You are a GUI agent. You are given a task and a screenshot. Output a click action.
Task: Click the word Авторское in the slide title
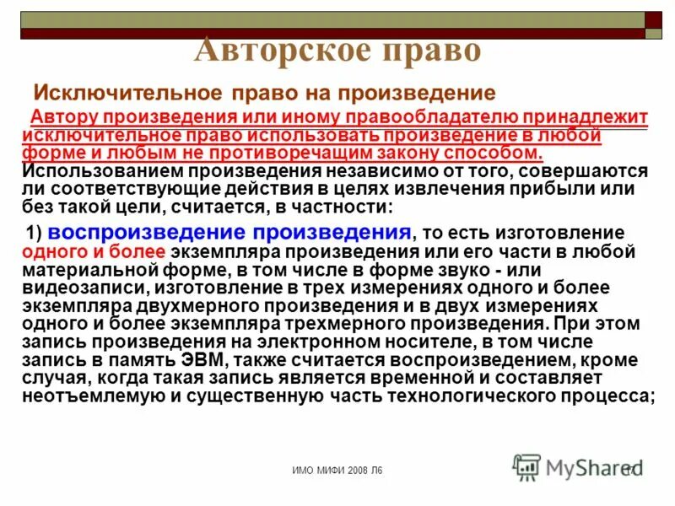click(x=262, y=50)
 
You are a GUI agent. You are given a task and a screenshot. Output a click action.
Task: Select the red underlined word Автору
click(x=63, y=118)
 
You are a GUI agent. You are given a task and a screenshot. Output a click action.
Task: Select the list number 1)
click(x=35, y=234)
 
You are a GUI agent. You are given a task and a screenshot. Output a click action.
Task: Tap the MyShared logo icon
click(x=527, y=467)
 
